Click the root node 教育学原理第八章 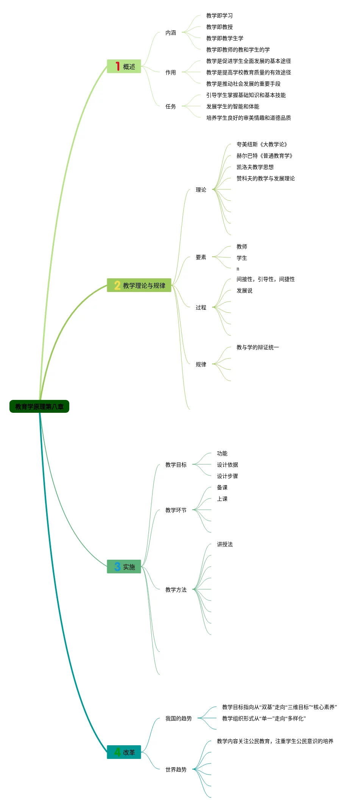point(39,406)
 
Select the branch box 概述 point(124,66)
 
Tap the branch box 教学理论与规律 point(139,285)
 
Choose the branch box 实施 point(124,567)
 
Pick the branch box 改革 point(124,752)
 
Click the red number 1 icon point(117,66)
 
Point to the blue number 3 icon point(117,567)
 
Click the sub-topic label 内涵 point(170,33)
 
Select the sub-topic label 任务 point(170,106)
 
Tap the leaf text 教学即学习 point(219,16)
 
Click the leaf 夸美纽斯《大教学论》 point(262,144)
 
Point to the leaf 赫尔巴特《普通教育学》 point(265,156)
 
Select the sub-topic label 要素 point(201,257)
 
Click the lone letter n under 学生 point(238,269)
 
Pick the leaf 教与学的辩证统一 point(257,347)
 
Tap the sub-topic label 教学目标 point(176,465)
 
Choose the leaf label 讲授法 point(224,544)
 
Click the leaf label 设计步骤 point(227,476)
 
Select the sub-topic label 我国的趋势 point(178,718)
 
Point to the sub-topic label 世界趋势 point(176,770)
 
